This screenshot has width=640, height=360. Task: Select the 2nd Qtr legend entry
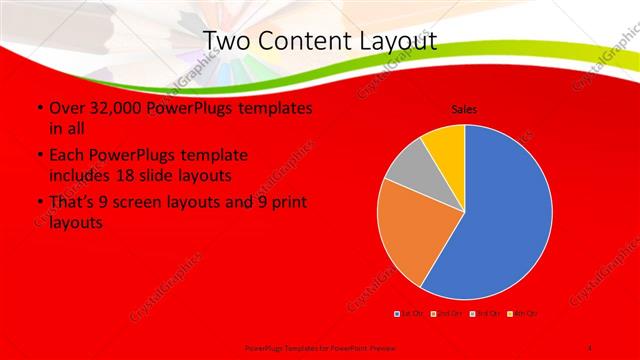447,315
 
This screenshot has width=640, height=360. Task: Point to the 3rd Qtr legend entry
486,315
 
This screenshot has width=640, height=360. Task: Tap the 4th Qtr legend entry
524,315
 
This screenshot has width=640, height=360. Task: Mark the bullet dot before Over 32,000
39,108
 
